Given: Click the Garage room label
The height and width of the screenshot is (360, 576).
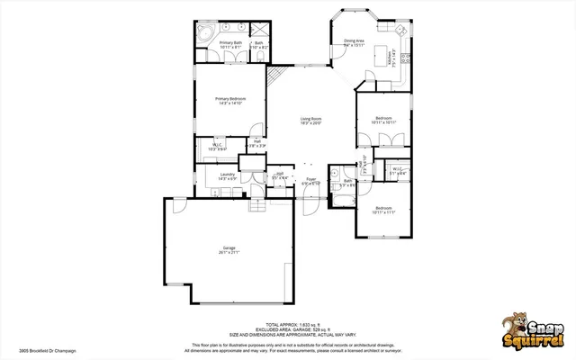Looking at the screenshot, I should [229, 249].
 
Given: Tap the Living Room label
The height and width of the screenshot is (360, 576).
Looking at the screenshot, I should [310, 121].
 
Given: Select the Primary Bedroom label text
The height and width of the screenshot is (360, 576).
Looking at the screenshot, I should [230, 100].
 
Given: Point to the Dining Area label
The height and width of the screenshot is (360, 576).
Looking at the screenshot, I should [353, 41].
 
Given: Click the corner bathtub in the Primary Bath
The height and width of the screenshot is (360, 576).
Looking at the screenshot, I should [204, 34].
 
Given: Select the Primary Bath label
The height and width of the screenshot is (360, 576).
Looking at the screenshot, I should [230, 44].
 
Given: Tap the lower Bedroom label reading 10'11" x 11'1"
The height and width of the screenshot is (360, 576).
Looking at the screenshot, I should [383, 211].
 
